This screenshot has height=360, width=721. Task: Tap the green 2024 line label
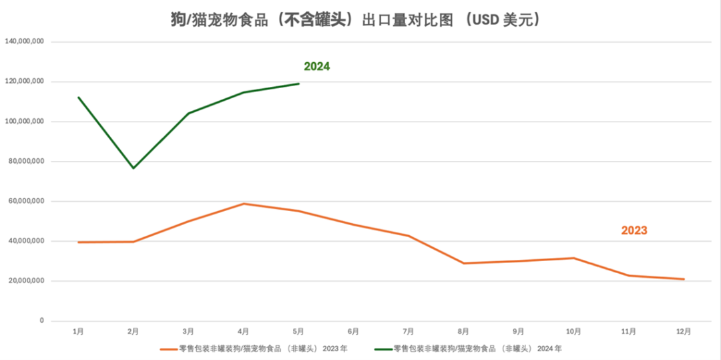[x=317, y=67]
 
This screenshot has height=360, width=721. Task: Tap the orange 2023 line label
[x=634, y=230]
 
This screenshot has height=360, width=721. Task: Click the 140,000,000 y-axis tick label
[x=25, y=41]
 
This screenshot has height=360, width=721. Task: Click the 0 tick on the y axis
[x=41, y=321]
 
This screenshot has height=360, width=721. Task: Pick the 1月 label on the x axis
[x=78, y=331]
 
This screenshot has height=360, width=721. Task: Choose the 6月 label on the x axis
[x=353, y=331]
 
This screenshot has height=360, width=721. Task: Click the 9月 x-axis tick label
[x=518, y=331]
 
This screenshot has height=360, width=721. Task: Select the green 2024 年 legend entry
[x=477, y=348]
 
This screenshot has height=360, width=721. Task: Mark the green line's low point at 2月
[x=134, y=168]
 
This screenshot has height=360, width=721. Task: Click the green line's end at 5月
[x=298, y=83]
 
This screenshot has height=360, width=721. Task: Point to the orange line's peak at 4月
[x=244, y=204]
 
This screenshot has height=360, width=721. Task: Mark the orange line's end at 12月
[x=684, y=279]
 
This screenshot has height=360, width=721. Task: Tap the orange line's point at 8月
[x=463, y=263]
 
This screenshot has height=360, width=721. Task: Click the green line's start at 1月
[x=78, y=97]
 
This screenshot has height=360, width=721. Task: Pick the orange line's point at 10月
[x=573, y=258]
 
